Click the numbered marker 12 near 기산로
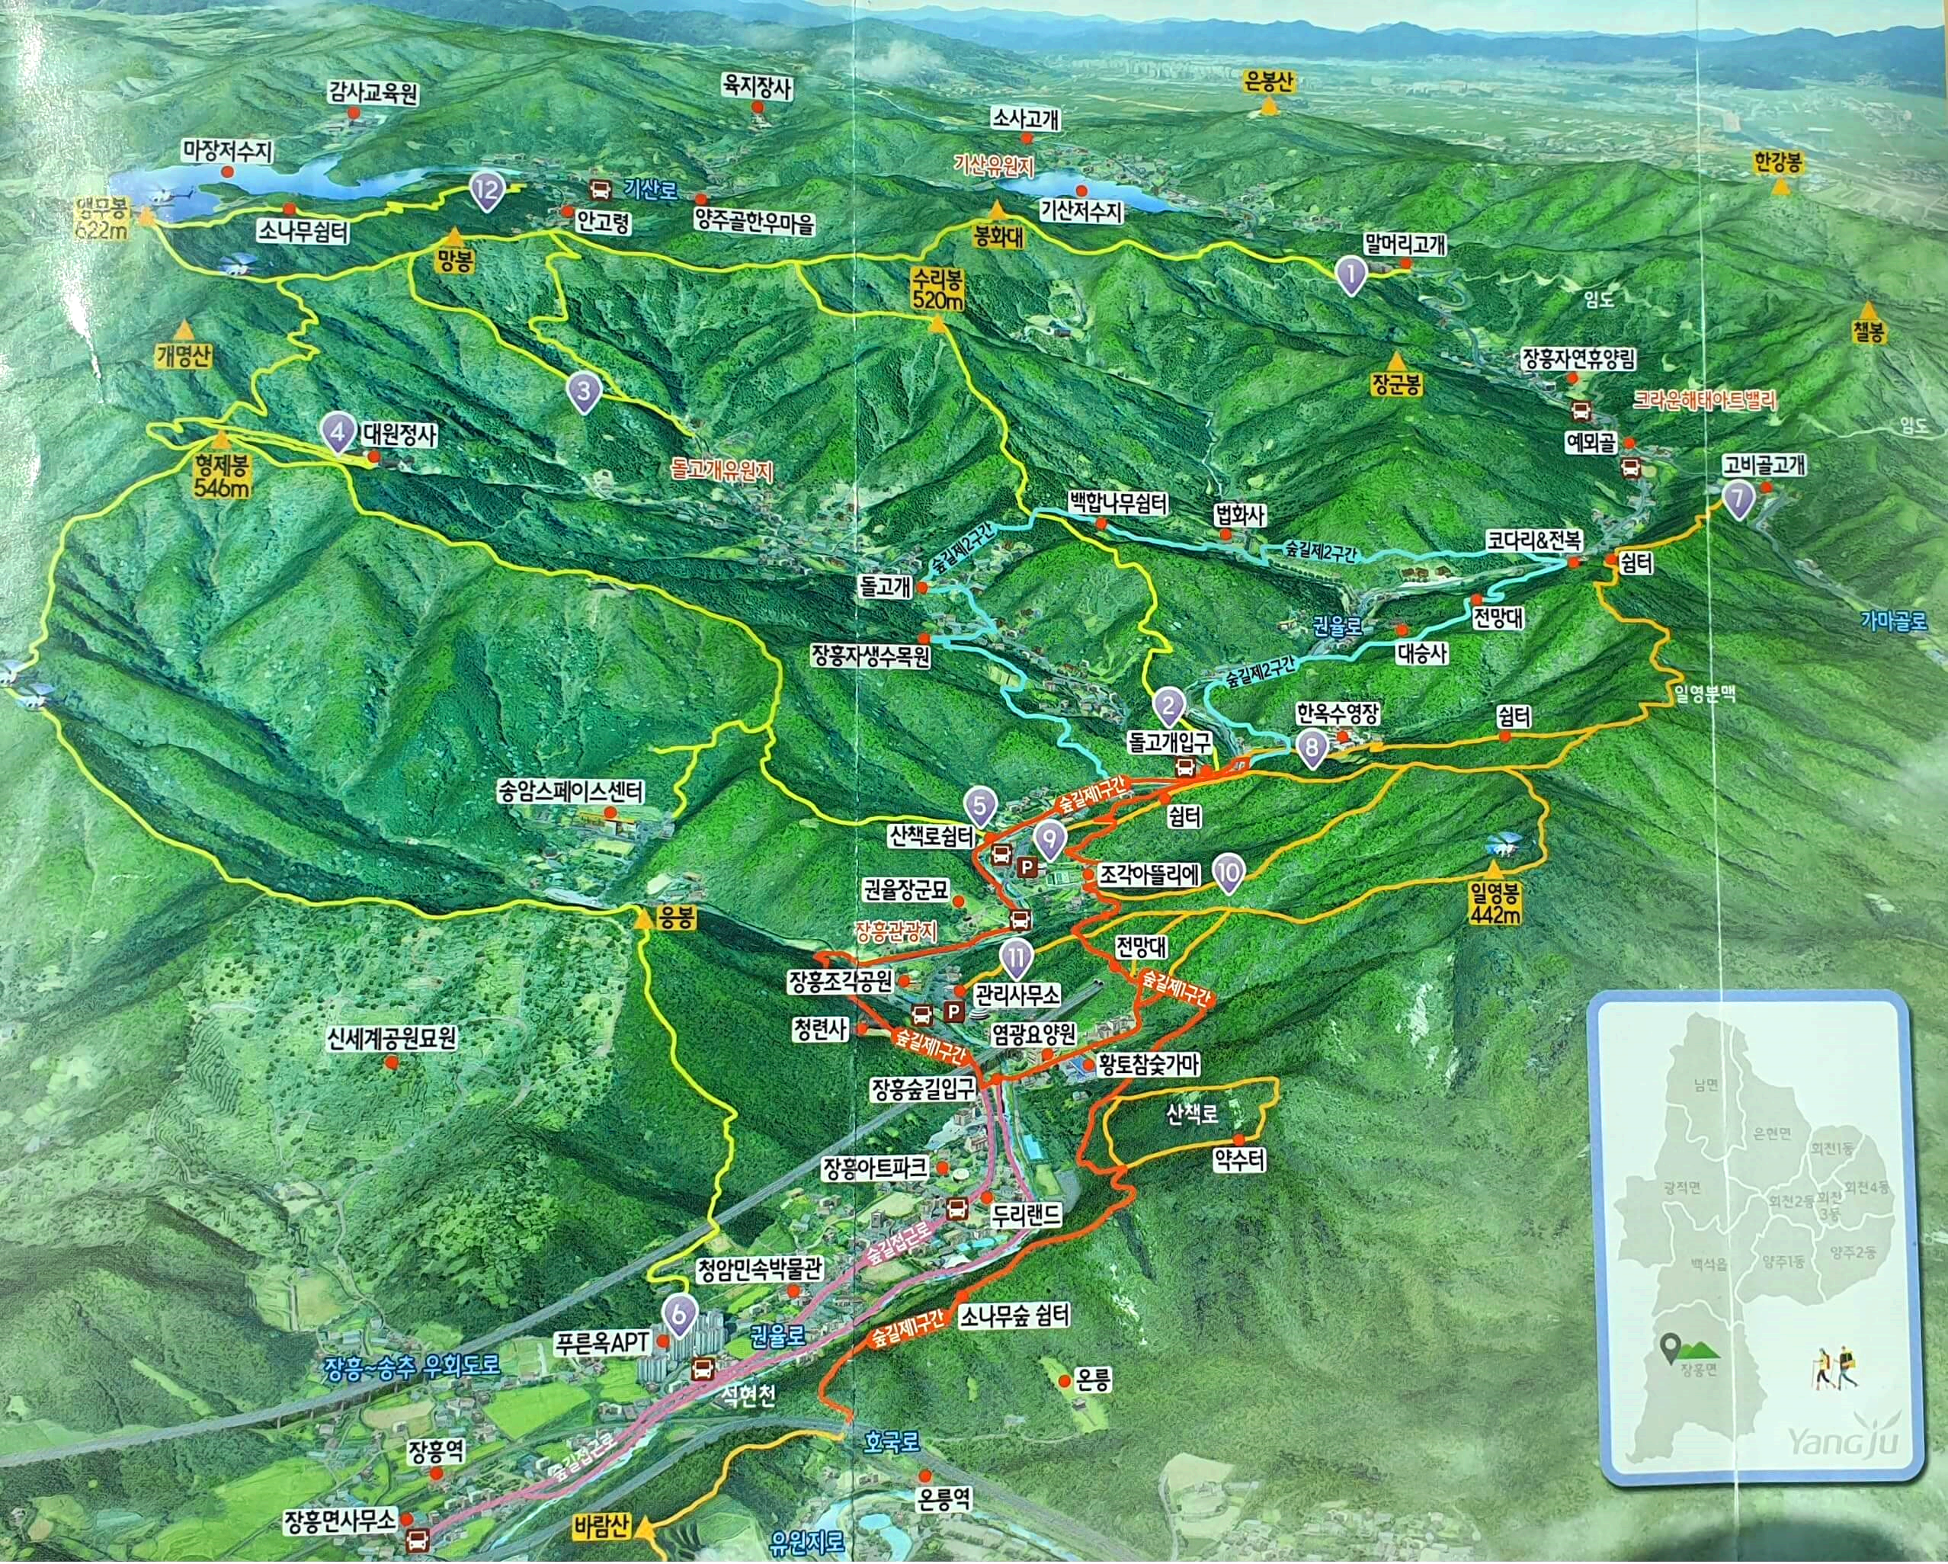tap(487, 191)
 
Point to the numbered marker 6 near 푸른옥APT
tap(678, 1316)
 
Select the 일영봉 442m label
tap(1496, 903)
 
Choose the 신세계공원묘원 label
tap(392, 1037)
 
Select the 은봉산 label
tap(1270, 82)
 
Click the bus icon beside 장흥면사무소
tap(418, 1539)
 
